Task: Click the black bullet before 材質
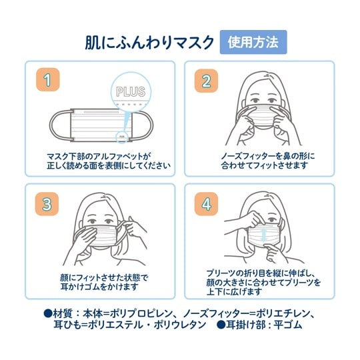(x=48, y=313)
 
